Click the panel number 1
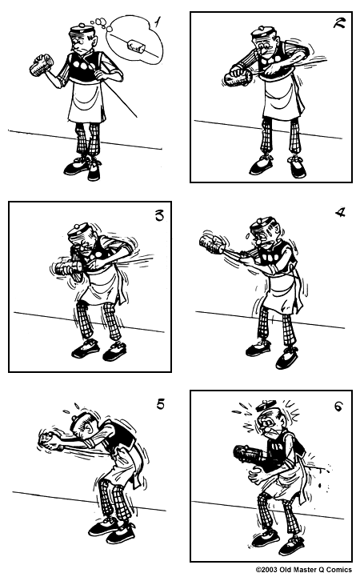pyautogui.click(x=158, y=22)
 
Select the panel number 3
pyautogui.click(x=158, y=214)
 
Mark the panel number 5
pyautogui.click(x=160, y=404)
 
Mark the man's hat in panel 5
pyautogui.click(x=74, y=418)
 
